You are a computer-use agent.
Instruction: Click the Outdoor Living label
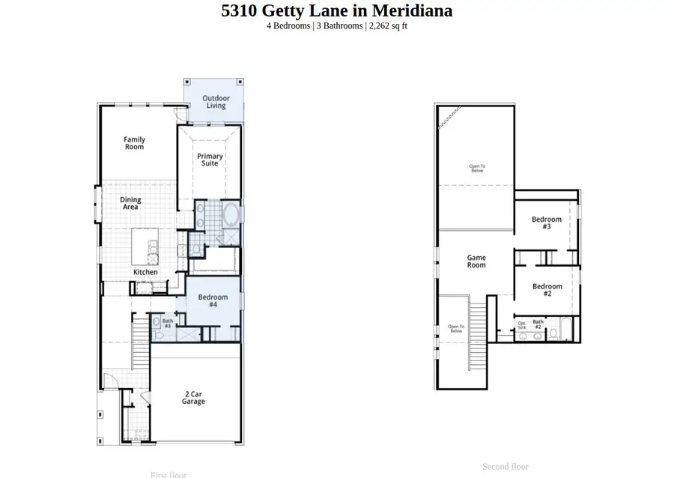216,102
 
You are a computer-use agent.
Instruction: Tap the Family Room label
135,143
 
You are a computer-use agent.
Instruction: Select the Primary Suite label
210,160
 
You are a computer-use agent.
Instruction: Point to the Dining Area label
130,204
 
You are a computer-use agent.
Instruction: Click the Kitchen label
145,272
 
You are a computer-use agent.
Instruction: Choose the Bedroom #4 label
213,301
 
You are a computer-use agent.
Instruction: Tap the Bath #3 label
167,324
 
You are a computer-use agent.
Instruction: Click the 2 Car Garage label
193,398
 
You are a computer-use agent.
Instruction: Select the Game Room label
476,261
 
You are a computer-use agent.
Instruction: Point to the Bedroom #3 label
547,223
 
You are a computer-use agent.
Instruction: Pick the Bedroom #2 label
547,290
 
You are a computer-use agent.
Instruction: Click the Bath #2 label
538,324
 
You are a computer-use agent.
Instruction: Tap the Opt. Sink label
522,326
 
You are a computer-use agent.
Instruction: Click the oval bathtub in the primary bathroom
230,217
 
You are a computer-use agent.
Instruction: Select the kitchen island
145,246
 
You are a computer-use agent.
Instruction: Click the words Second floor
506,467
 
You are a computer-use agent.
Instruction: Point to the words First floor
168,474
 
